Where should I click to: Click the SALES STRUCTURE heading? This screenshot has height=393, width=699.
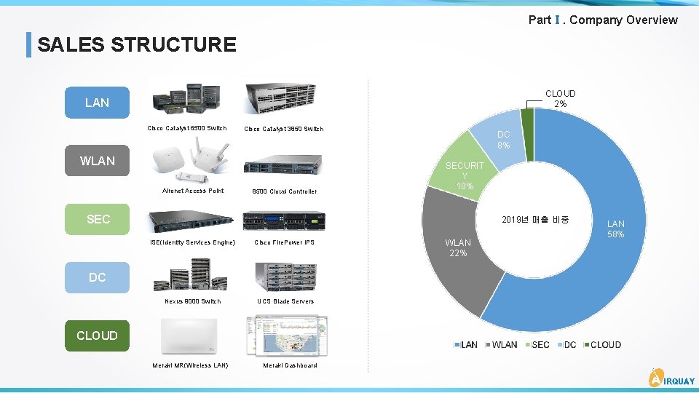pos(136,44)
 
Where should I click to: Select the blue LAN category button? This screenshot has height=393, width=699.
pos(97,103)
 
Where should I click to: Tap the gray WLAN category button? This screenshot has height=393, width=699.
pos(97,161)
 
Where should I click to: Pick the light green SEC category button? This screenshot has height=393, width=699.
pos(98,219)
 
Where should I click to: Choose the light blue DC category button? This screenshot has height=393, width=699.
pos(97,277)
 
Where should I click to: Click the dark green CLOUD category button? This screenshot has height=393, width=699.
pos(97,336)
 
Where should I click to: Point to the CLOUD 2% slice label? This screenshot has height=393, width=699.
pos(560,99)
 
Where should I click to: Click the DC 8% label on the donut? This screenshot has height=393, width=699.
pos(503,140)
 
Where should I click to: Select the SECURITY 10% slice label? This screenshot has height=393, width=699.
pos(465,175)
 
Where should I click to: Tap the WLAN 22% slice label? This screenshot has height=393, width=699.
pos(457,247)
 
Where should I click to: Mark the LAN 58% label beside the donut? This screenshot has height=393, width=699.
pos(616,229)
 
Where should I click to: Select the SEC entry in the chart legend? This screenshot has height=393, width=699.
pos(537,345)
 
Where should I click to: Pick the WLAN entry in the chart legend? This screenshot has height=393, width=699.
pos(500,345)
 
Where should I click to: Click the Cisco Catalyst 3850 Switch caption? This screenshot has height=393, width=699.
pos(283,129)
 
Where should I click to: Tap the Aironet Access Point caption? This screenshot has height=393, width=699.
pos(192,191)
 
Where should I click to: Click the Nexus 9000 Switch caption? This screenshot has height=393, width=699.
pos(192,301)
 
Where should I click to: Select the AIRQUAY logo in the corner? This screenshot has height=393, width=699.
pos(671,378)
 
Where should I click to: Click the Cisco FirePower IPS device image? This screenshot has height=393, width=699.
pos(283,221)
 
